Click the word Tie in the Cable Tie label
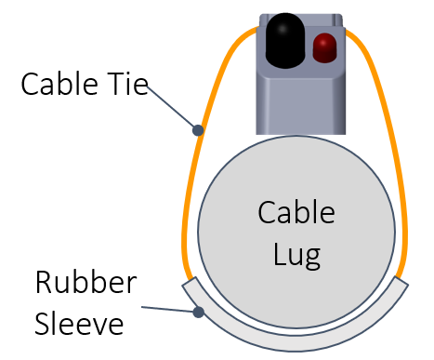(125, 86)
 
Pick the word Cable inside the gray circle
(296, 213)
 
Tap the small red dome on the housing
(325, 47)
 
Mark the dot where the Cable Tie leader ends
(197, 128)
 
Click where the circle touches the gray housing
(297, 136)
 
